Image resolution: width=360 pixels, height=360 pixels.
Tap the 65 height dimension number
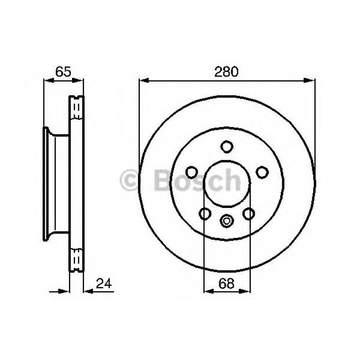click(x=63, y=72)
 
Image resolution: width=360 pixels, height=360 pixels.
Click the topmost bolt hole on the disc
click(x=227, y=146)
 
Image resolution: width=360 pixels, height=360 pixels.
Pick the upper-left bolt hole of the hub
click(x=192, y=172)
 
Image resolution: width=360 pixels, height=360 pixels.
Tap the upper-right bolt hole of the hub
click(x=262, y=172)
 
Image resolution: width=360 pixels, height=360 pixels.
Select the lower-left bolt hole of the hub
click(x=205, y=213)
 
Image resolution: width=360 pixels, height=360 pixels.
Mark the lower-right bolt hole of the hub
click(x=248, y=213)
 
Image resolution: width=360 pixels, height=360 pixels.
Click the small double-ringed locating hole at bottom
click(x=227, y=220)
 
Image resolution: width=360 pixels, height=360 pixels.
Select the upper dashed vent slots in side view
click(x=76, y=109)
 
